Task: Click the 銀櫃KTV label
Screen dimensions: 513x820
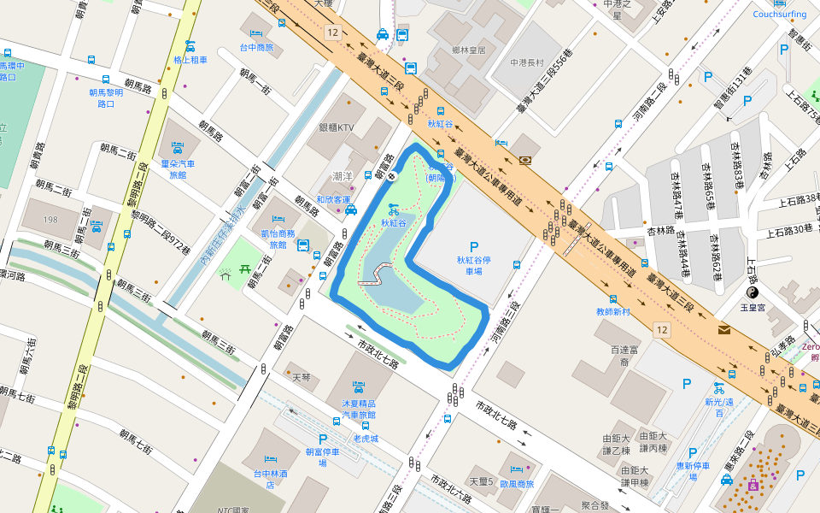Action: pyautogui.click(x=336, y=127)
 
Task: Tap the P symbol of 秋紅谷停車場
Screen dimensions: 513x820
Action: pyautogui.click(x=473, y=246)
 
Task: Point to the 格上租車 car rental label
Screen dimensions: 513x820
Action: pyautogui.click(x=190, y=60)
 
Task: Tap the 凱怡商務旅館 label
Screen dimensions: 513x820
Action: pyautogui.click(x=278, y=239)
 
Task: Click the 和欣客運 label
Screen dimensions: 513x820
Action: pyautogui.click(x=332, y=200)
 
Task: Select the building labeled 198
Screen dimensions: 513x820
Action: pyautogui.click(x=51, y=220)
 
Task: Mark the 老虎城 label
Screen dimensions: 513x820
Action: pyautogui.click(x=366, y=439)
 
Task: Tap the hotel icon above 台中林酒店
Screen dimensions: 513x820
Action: pyautogui.click(x=271, y=459)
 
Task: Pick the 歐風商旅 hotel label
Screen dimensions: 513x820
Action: pyautogui.click(x=516, y=484)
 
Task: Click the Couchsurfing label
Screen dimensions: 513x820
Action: pyautogui.click(x=779, y=14)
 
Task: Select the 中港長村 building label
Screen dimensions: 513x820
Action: pyautogui.click(x=526, y=62)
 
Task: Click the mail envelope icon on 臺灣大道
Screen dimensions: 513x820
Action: pyautogui.click(x=724, y=329)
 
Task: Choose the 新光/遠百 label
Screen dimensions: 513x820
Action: pyautogui.click(x=719, y=407)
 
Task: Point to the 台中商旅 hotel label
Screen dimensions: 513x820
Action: pyautogui.click(x=256, y=48)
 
